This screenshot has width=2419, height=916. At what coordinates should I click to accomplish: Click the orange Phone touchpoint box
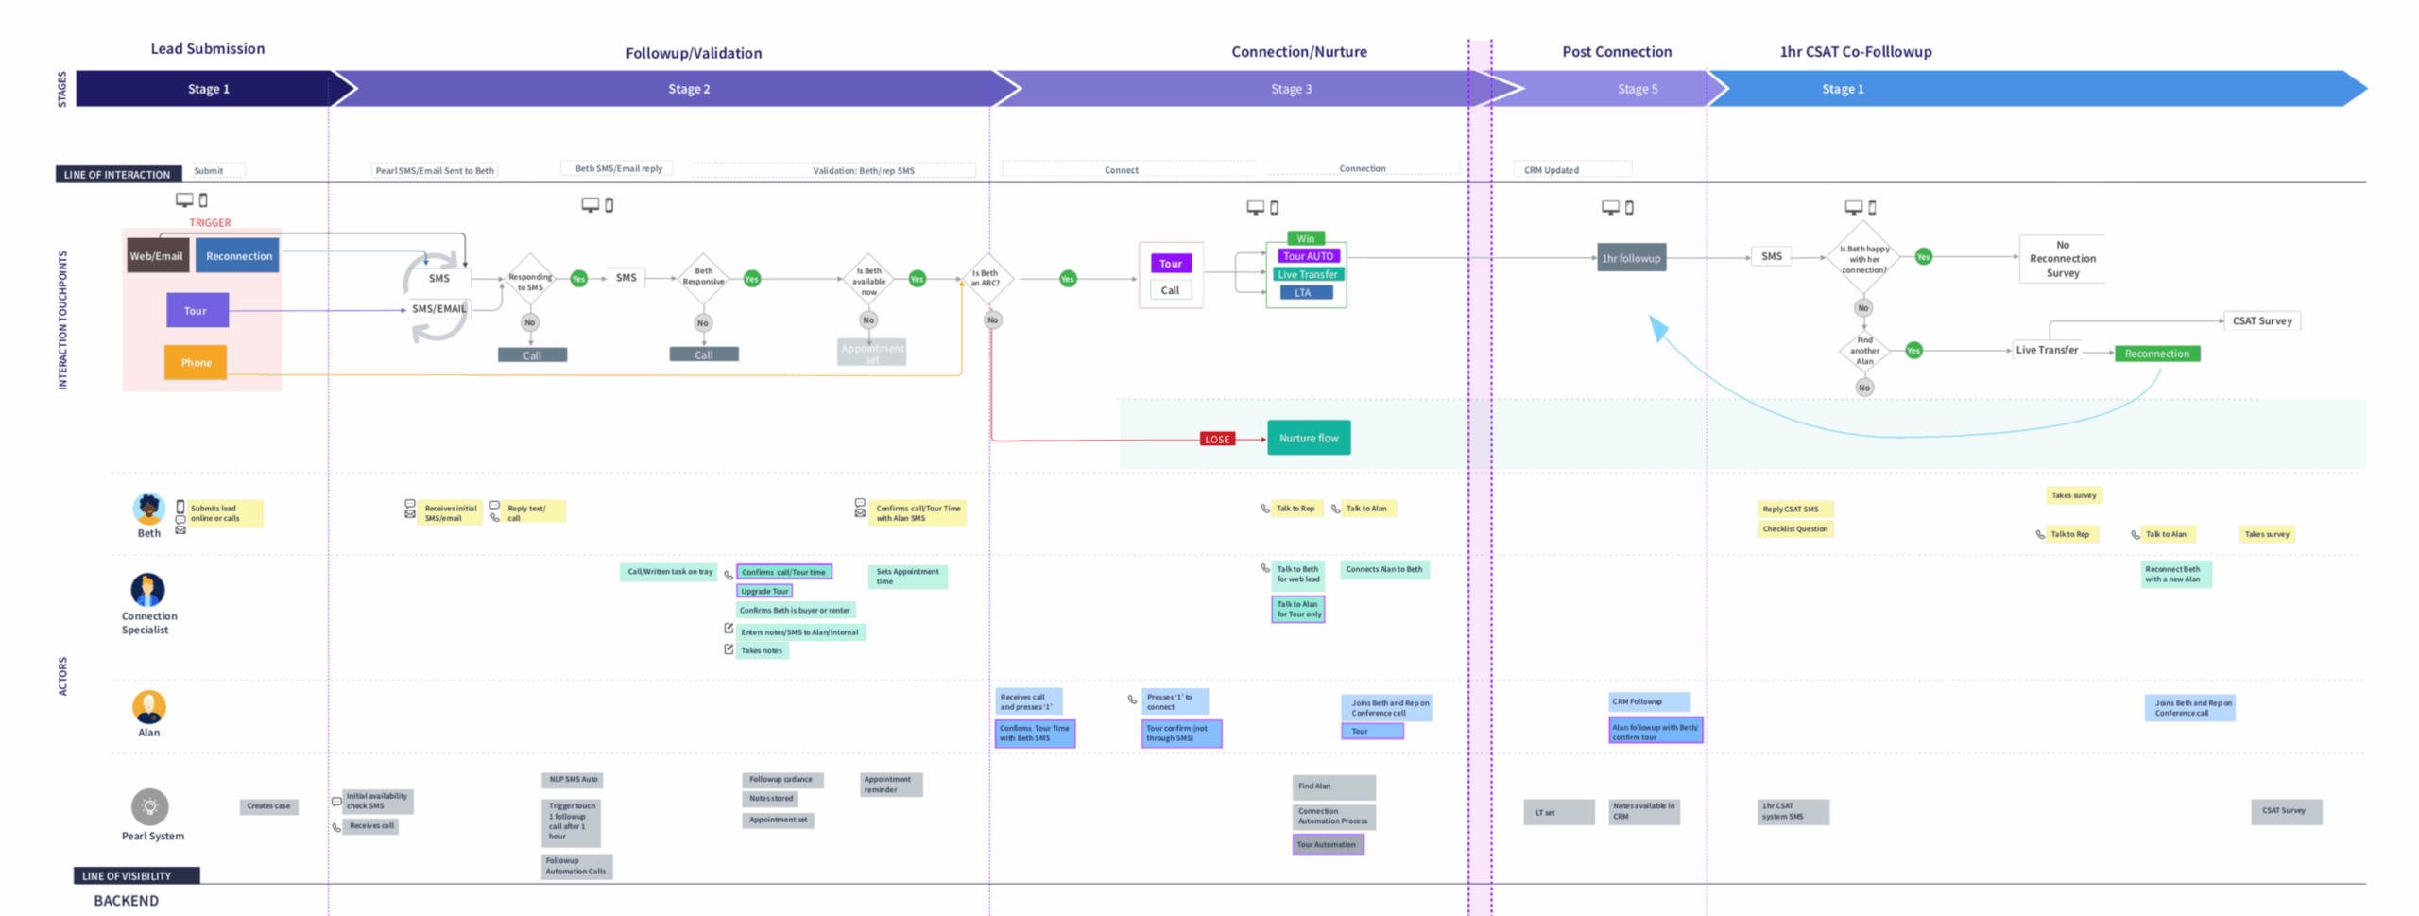point(196,362)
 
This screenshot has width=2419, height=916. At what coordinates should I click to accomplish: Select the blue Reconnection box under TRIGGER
point(238,256)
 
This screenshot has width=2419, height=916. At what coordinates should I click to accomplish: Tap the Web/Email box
point(157,256)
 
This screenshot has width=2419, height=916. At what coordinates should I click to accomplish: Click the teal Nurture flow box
point(1308,438)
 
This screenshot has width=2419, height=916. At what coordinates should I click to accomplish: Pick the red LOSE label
point(1216,440)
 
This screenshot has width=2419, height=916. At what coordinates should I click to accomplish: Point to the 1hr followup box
point(1630,258)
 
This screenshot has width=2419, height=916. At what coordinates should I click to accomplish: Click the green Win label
point(1305,238)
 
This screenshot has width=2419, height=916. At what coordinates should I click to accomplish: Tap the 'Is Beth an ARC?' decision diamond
point(986,278)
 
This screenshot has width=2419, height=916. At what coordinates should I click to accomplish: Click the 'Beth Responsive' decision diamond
point(703,277)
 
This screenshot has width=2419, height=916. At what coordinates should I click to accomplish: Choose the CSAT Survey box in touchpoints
point(2261,321)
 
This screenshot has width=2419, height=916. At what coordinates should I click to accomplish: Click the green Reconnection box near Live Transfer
point(2156,354)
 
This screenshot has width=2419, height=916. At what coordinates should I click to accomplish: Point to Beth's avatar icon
point(148,509)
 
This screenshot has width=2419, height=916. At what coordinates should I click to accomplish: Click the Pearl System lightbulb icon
point(149,806)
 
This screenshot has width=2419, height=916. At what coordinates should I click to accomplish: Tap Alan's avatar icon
point(148,706)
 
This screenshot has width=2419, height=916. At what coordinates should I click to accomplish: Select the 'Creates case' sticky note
point(268,806)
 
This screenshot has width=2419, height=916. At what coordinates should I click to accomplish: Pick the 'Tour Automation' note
point(1327,844)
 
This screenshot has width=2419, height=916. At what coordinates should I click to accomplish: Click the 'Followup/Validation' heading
point(693,53)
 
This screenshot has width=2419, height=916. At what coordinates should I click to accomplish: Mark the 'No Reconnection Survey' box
point(2062,259)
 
